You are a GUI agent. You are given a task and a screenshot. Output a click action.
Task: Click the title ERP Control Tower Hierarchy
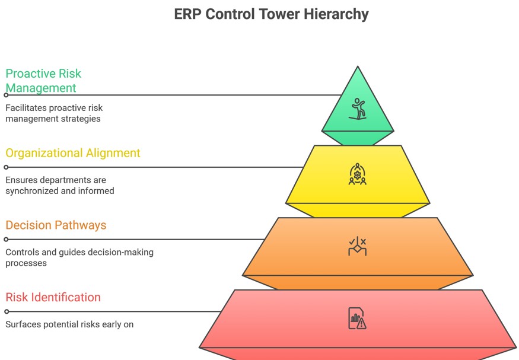coord(271,14)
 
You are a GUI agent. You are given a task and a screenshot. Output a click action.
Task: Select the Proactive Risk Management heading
coord(43,81)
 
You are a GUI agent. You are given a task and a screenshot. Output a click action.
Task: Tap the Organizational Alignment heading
coord(73,153)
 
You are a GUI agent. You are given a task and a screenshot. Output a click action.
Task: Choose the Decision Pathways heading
coord(56,225)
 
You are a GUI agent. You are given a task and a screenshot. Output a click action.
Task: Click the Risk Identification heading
coord(53,297)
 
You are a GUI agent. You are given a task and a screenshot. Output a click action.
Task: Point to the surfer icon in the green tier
coord(358,109)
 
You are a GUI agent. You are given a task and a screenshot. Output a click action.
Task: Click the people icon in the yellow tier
coord(357,174)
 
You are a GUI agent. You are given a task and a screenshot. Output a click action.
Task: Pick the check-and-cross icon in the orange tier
coord(357,246)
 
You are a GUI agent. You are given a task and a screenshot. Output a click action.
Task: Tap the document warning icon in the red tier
coord(357,318)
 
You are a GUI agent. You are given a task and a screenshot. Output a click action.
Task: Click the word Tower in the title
coord(281,14)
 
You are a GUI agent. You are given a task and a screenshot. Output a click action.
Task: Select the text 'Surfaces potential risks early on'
coord(69,324)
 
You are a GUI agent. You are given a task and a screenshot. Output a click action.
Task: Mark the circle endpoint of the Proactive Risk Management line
coord(6,95)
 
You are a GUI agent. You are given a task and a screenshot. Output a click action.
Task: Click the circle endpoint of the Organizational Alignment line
coord(6,167)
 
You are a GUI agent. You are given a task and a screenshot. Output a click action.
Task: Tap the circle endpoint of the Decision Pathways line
coord(6,240)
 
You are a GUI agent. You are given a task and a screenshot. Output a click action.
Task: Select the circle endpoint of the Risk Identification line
coord(7,311)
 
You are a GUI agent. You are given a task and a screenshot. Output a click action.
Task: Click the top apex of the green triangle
coord(358,67)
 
